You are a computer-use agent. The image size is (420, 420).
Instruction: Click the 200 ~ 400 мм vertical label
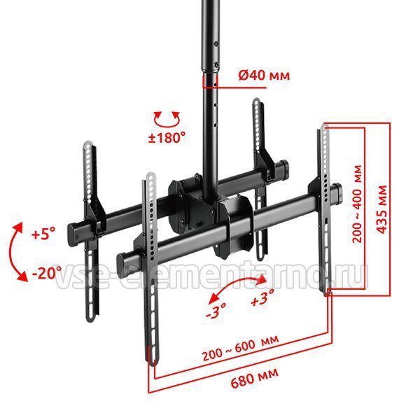tap(357, 204)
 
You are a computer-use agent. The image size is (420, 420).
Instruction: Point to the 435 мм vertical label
tap(382, 209)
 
